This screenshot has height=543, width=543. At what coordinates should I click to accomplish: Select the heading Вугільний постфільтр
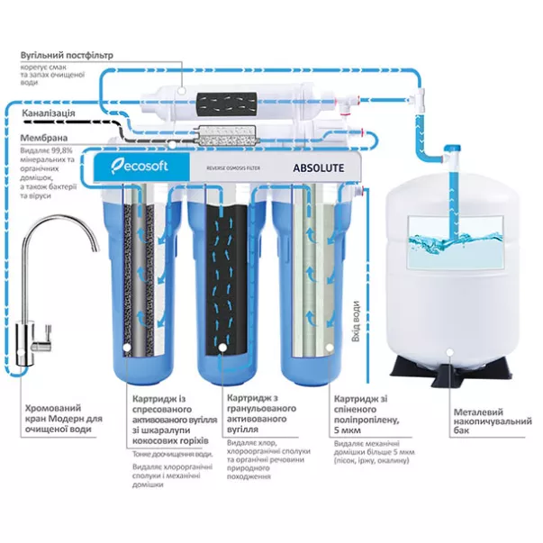pyautogui.click(x=67, y=55)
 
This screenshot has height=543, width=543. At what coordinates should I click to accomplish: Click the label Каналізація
pyautogui.click(x=53, y=114)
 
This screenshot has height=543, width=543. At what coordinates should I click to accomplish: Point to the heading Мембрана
pyautogui.click(x=42, y=138)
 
